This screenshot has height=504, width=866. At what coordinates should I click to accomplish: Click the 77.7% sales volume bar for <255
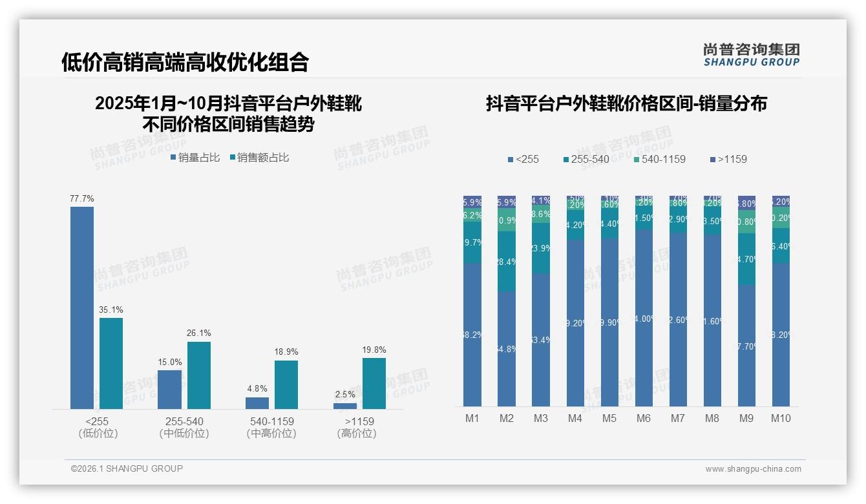82,308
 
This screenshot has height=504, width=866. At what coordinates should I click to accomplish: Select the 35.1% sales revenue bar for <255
111,363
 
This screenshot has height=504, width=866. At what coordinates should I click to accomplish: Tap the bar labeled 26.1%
199,375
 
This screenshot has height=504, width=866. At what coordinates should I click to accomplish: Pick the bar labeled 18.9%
286,384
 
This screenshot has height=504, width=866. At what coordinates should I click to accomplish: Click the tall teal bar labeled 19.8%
374,383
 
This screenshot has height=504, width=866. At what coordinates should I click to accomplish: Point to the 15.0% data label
170,362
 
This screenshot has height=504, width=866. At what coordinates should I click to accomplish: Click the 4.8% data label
257,389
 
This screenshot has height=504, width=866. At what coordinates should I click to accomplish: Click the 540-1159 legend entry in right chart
659,159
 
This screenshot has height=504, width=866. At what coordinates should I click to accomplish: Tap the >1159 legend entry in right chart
728,159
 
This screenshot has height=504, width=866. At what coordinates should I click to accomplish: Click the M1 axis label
472,418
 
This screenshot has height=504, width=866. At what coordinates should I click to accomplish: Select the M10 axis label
781,418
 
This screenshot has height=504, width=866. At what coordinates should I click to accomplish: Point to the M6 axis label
644,418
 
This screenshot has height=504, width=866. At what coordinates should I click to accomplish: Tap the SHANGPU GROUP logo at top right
752,55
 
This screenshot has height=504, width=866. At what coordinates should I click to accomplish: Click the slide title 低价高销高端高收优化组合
185,62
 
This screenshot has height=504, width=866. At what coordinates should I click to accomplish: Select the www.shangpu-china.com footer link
753,469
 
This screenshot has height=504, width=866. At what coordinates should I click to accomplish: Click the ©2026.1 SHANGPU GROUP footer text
127,468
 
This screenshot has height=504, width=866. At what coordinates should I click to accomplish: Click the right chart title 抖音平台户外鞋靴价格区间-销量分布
626,103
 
